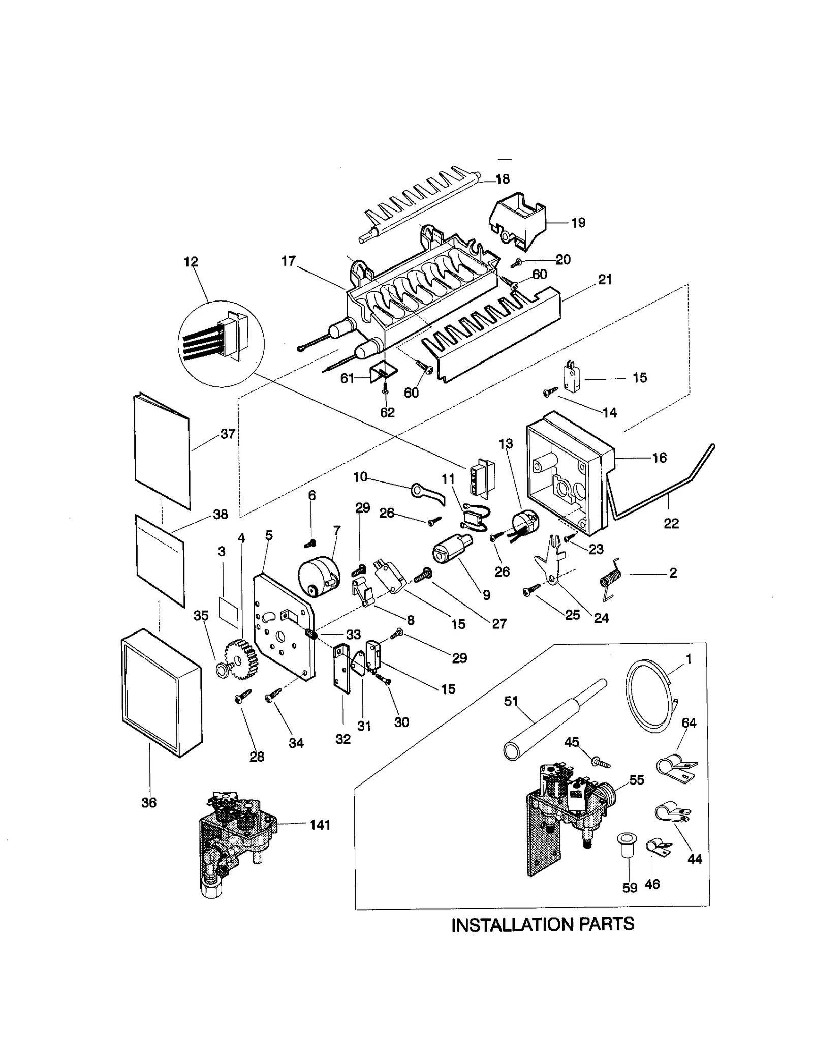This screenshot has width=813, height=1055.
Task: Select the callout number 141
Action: pos(320,825)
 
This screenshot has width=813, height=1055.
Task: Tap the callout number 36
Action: pos(149,803)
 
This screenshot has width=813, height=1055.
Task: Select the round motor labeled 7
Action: pos(317,577)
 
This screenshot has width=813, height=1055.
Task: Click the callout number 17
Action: pos(288,261)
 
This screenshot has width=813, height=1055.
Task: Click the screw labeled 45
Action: pos(600,762)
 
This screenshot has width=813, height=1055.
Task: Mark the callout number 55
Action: pos(637,780)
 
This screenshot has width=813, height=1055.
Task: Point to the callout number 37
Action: pos(228,434)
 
